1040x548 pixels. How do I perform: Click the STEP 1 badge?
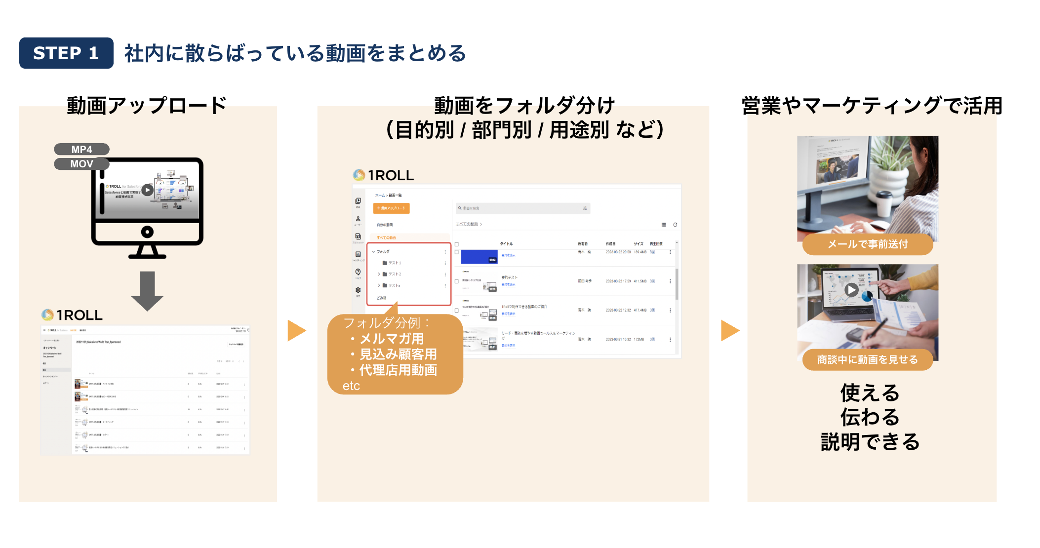coord(66,53)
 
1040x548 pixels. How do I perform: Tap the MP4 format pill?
coord(81,149)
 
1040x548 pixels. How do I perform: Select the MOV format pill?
coord(81,164)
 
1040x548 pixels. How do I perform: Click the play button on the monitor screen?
coord(147,190)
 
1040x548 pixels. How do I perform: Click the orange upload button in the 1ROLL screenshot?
coord(391,208)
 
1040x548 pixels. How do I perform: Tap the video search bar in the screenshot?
coord(522,208)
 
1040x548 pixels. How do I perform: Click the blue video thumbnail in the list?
coord(479,257)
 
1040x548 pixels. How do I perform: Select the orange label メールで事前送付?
coord(868,244)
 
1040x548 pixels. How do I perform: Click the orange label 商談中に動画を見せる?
coord(867,360)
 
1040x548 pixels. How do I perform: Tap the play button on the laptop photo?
coord(851,290)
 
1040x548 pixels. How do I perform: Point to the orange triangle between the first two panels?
coord(296,330)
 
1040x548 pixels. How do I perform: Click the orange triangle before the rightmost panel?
coord(730,330)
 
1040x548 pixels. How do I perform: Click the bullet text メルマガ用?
coord(392,339)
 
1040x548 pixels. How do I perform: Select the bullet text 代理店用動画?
coord(398,370)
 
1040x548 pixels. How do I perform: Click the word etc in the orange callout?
coord(351,386)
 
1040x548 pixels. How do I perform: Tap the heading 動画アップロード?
coord(147,105)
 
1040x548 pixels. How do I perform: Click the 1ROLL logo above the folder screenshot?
coord(384,175)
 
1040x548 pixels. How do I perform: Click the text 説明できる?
coord(870,441)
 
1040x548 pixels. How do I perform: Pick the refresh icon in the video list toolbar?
coord(675,225)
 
